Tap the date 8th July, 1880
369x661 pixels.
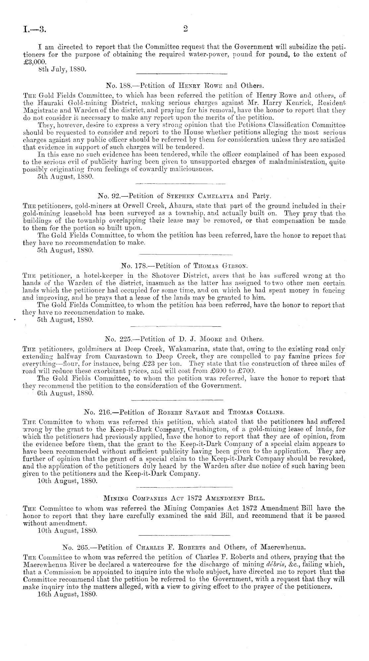click(62, 69)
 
